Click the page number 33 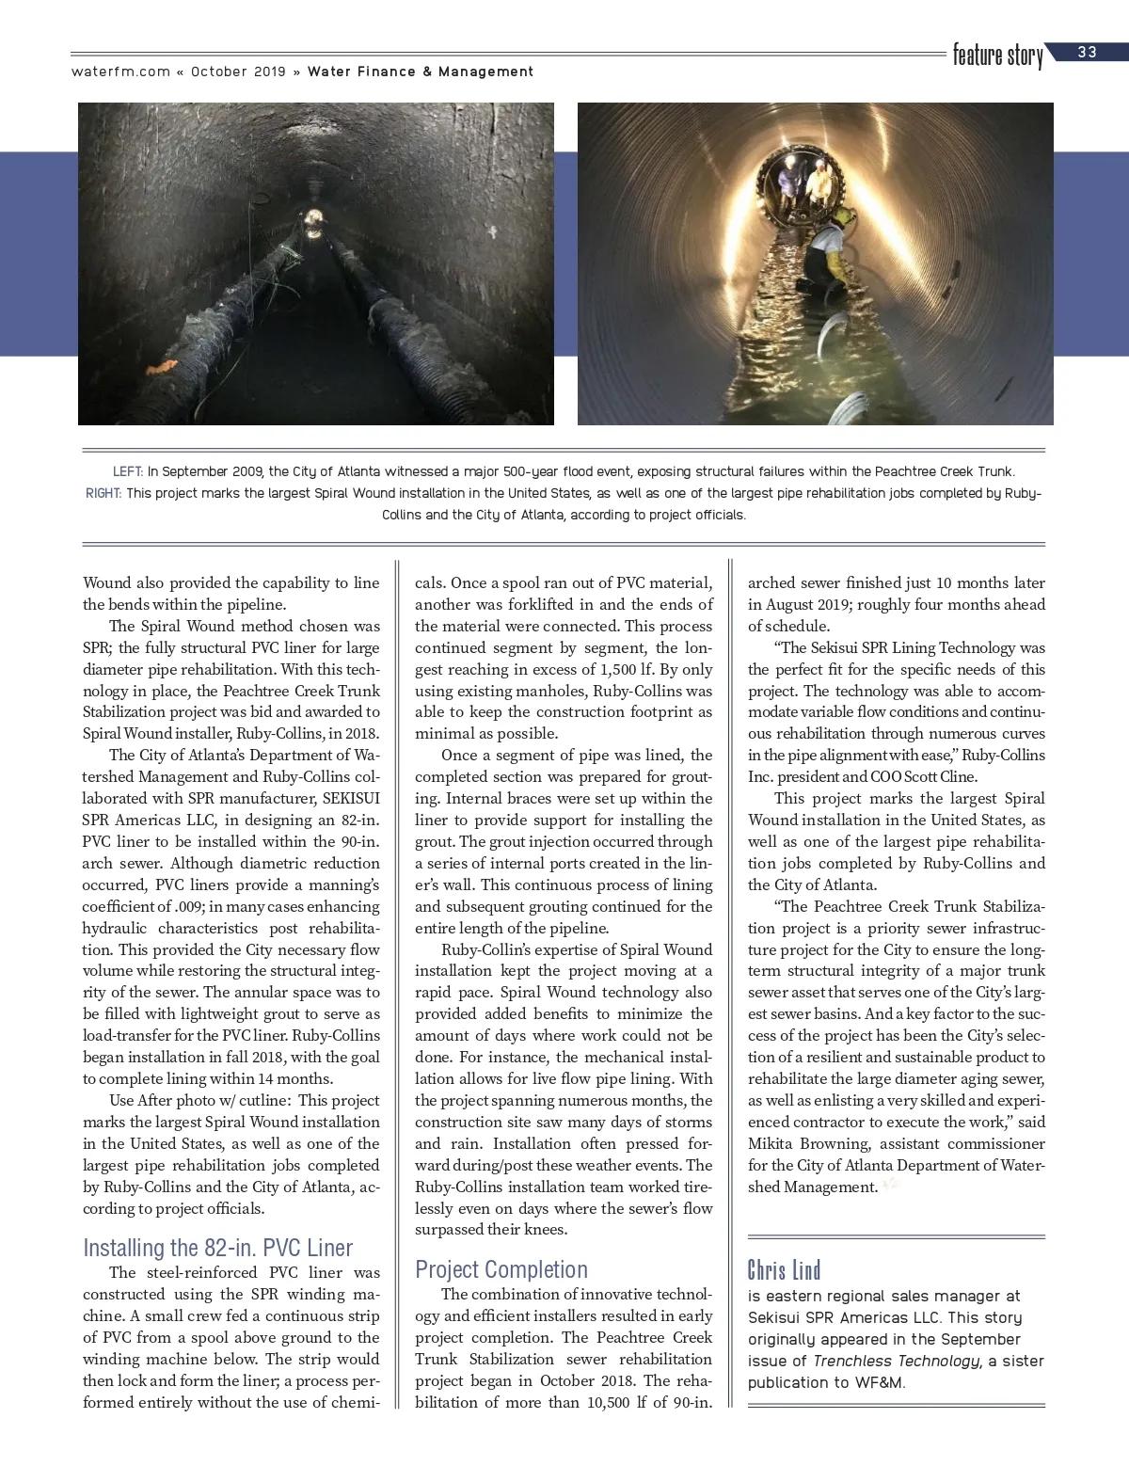tap(1088, 53)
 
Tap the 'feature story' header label tap(997, 56)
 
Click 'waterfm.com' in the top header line tap(120, 72)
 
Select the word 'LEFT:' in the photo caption tap(128, 471)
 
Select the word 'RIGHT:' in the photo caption tap(103, 493)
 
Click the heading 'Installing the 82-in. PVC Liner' tap(217, 1248)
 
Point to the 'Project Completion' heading tap(501, 1269)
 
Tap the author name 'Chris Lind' tap(784, 1270)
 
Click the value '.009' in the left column tap(187, 906)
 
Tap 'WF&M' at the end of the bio tap(880, 1382)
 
